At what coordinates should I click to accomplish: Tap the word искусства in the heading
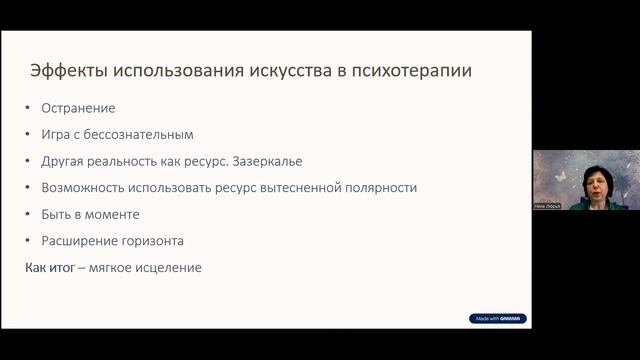283,72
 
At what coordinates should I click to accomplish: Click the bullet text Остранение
78,108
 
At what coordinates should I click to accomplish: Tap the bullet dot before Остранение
29,108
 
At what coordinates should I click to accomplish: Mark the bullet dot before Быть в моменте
29,214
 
